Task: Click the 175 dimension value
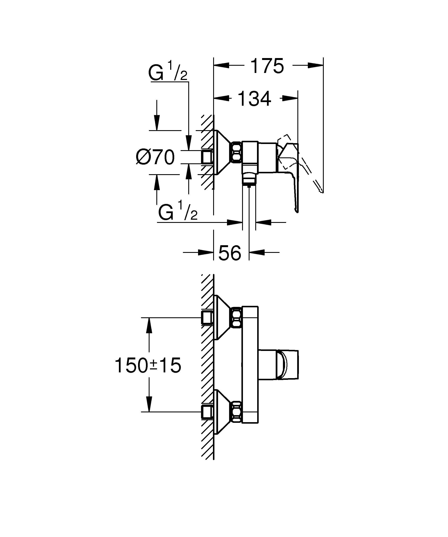pos(267,66)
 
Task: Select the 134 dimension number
pos(254,99)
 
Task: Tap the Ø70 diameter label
pos(156,157)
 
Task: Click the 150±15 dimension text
pos(148,365)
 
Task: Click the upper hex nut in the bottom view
pos(237,318)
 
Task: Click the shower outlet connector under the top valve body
pos(249,177)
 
